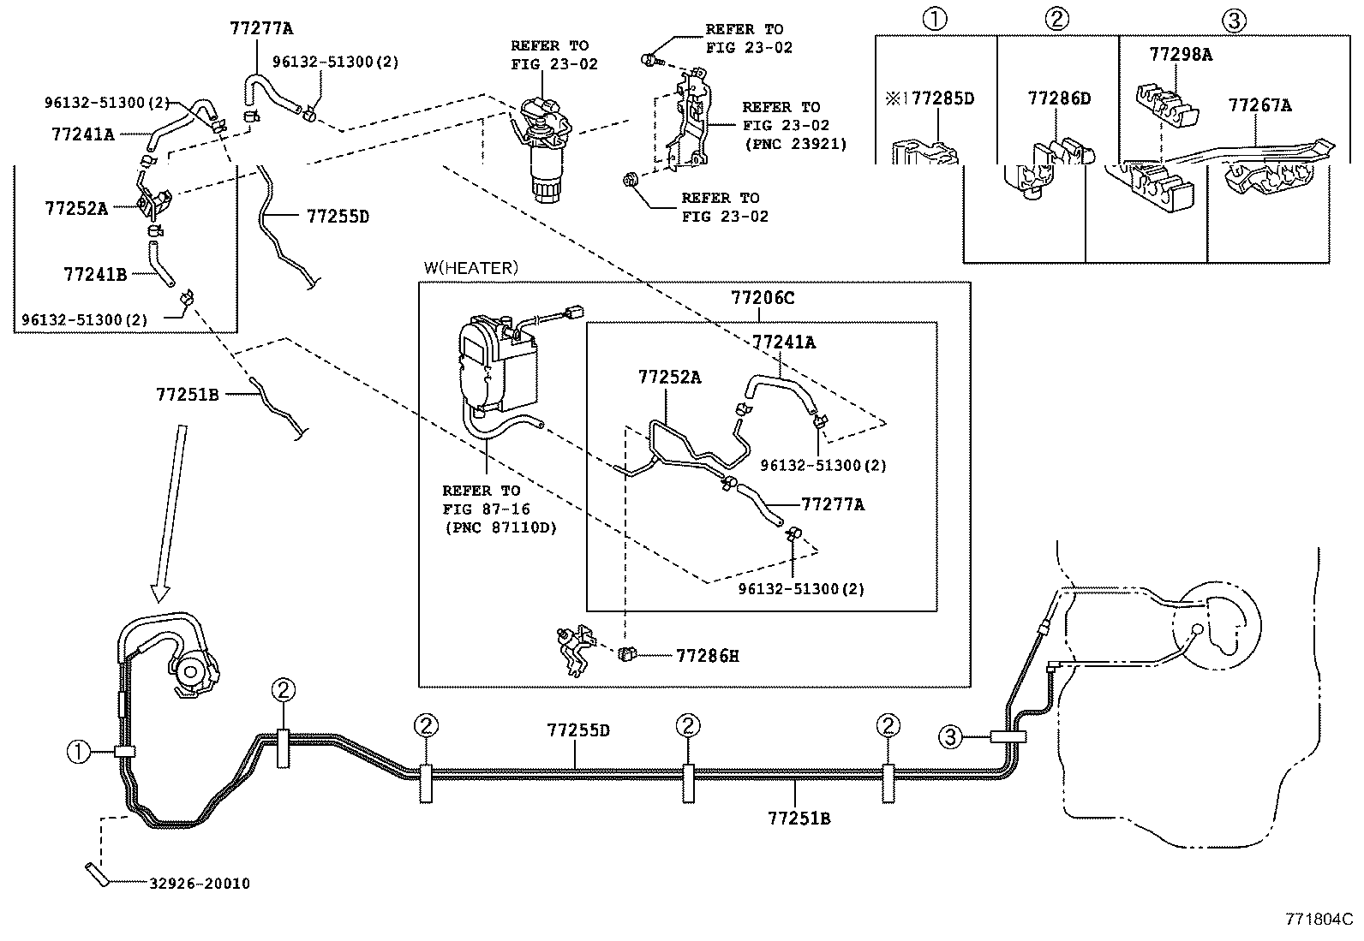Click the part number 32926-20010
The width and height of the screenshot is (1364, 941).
click(200, 883)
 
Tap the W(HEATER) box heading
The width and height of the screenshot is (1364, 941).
click(471, 268)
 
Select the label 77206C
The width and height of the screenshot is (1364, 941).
click(763, 298)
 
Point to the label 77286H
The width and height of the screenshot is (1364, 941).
click(708, 656)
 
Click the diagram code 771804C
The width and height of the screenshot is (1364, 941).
click(1319, 919)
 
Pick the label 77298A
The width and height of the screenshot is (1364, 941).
click(1181, 55)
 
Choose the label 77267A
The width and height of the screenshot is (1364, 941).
click(1259, 105)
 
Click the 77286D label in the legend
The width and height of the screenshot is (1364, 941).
click(1060, 98)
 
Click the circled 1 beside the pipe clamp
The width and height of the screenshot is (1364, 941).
click(78, 752)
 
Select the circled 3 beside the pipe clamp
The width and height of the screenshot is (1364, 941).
click(950, 737)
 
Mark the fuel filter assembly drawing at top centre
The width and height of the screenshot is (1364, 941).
click(542, 149)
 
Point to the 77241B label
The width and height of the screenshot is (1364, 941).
click(96, 275)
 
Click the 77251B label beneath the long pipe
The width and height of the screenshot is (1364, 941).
click(799, 819)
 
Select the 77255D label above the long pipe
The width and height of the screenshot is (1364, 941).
click(578, 730)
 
